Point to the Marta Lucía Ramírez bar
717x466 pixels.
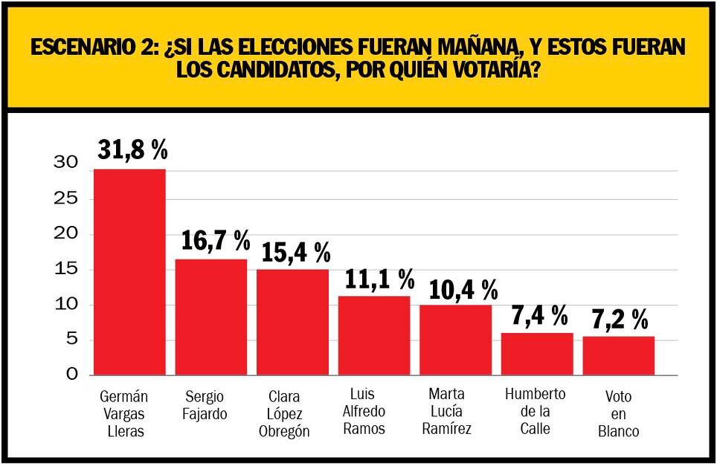point(455,340)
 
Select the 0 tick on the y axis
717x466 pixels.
point(71,375)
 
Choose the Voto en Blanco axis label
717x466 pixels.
point(618,415)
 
